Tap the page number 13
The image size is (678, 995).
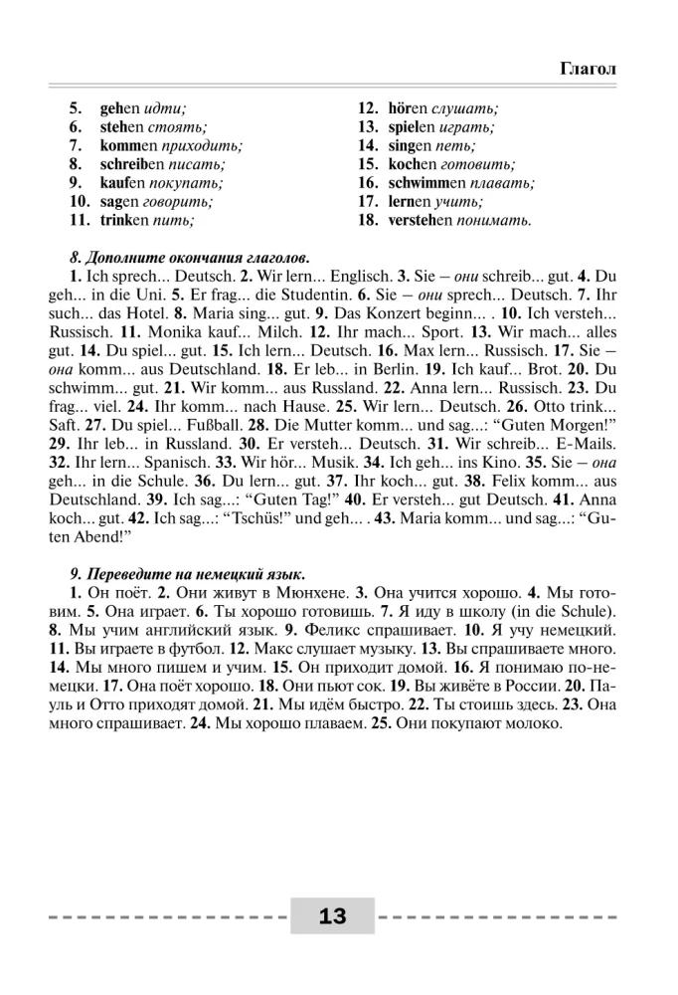pyautogui.click(x=332, y=916)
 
